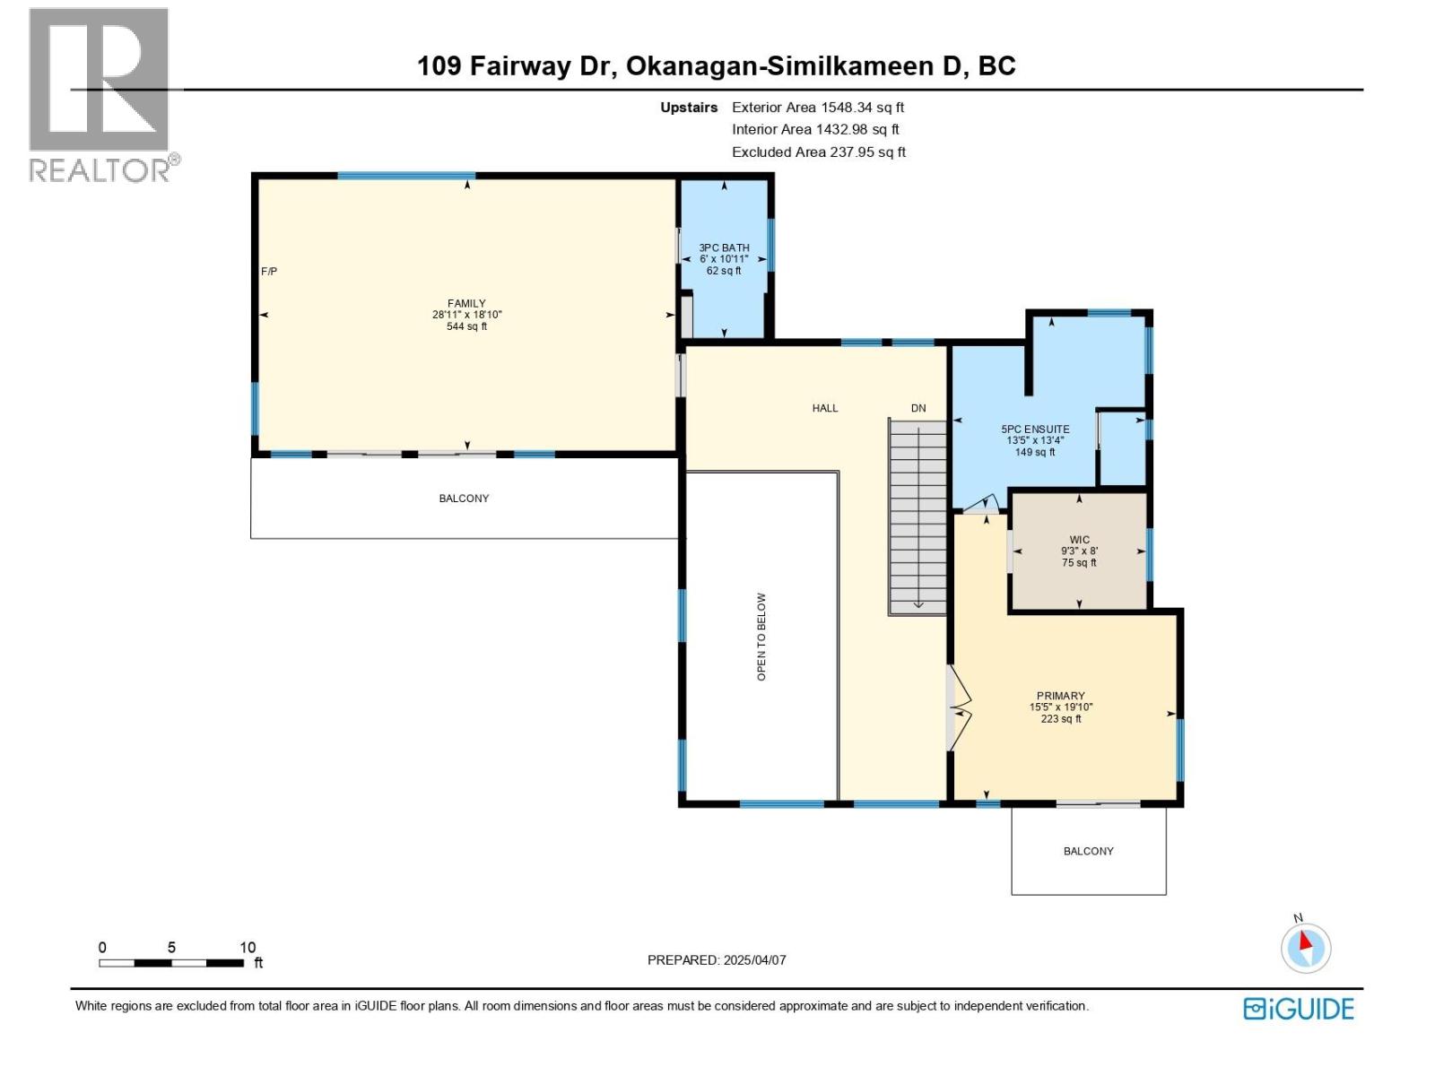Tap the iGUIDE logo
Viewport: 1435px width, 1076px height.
1298,1009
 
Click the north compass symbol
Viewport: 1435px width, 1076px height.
1305,948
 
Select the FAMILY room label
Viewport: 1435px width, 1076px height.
466,315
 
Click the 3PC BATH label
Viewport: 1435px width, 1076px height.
724,259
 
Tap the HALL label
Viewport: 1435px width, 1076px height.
824,408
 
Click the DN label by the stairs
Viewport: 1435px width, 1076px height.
918,408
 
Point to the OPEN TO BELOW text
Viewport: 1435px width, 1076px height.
761,636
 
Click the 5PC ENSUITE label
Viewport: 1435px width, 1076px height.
1035,440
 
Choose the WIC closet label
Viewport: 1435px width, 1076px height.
1079,551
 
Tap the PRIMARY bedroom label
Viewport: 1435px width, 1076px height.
1060,707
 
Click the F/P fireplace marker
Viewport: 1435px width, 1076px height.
269,271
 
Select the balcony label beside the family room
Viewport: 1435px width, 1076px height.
464,499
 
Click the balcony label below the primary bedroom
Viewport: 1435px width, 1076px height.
1088,851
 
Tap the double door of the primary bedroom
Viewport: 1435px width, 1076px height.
959,709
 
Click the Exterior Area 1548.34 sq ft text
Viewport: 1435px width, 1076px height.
817,108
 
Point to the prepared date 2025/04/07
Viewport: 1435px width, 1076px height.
717,959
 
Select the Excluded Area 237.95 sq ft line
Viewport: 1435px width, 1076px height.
818,152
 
